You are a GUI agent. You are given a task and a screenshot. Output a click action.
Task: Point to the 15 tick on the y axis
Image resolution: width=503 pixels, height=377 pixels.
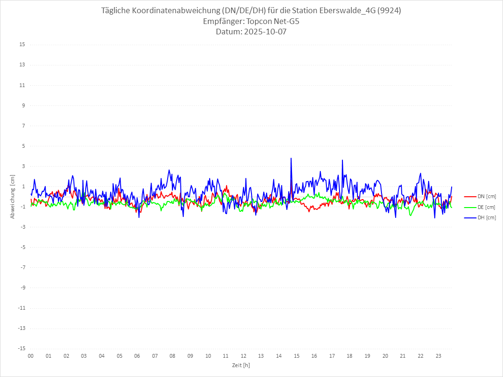tap(22, 45)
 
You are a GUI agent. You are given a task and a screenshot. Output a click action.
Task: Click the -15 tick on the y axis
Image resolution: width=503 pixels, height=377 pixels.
tap(21, 349)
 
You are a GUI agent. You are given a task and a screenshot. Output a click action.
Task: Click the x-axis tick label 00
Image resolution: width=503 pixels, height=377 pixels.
tap(31, 356)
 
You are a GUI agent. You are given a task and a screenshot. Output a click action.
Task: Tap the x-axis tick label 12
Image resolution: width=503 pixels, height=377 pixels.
tap(243, 356)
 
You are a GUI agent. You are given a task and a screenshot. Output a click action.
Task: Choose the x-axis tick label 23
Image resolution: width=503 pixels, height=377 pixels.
tap(438, 356)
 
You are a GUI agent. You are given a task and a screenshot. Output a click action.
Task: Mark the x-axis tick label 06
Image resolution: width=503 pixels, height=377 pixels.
tap(137, 356)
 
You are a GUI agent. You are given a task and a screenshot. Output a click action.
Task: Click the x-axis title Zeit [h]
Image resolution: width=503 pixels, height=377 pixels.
tap(241, 365)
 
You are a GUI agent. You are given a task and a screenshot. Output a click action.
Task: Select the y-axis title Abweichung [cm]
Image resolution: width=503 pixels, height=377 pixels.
tap(13, 196)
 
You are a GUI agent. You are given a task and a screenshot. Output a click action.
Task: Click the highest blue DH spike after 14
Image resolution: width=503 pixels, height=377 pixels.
tap(291, 159)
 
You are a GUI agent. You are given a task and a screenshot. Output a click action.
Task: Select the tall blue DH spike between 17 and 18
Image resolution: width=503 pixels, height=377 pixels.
tap(342, 160)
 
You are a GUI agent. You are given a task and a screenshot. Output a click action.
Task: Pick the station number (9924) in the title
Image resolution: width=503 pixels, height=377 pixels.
tap(389, 11)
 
